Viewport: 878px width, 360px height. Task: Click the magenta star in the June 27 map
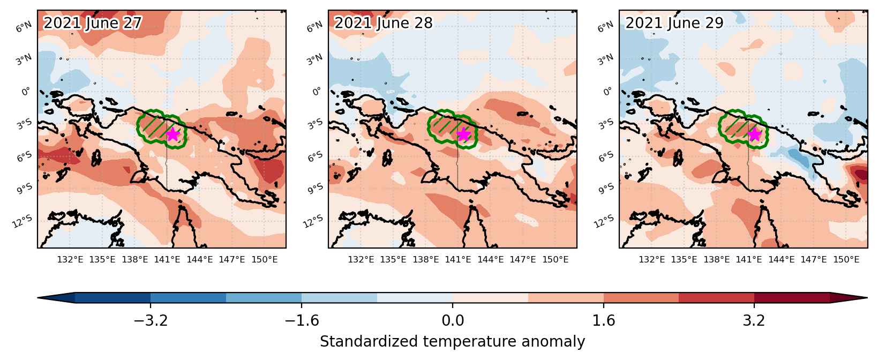[x=173, y=134]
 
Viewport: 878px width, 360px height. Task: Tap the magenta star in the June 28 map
[x=464, y=134]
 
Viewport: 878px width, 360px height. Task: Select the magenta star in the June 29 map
[x=755, y=134]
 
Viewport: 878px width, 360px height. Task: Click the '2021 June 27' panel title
[x=92, y=22]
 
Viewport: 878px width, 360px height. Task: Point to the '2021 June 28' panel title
[x=384, y=22]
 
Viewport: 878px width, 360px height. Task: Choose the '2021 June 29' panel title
[x=674, y=22]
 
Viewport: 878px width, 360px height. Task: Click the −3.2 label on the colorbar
[x=151, y=320]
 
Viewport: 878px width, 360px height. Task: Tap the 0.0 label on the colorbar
[x=453, y=320]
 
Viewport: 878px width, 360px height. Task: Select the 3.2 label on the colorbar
[x=754, y=320]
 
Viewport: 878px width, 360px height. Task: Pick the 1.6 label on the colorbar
[x=604, y=320]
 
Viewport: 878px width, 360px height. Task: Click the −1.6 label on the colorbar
[x=302, y=320]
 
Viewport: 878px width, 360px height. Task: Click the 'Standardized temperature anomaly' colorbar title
[x=452, y=342]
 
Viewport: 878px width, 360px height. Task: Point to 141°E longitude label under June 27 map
[x=167, y=260]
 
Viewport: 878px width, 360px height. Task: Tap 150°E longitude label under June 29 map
[x=846, y=260]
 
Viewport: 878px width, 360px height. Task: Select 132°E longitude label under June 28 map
[x=361, y=260]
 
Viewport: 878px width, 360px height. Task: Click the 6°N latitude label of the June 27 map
[x=24, y=27]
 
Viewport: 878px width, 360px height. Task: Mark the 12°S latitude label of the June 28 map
[x=313, y=222]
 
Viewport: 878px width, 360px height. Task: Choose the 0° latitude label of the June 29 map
[x=607, y=92]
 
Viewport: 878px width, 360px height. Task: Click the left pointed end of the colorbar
[x=38, y=298]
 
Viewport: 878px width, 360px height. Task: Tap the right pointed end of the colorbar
[x=867, y=298]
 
